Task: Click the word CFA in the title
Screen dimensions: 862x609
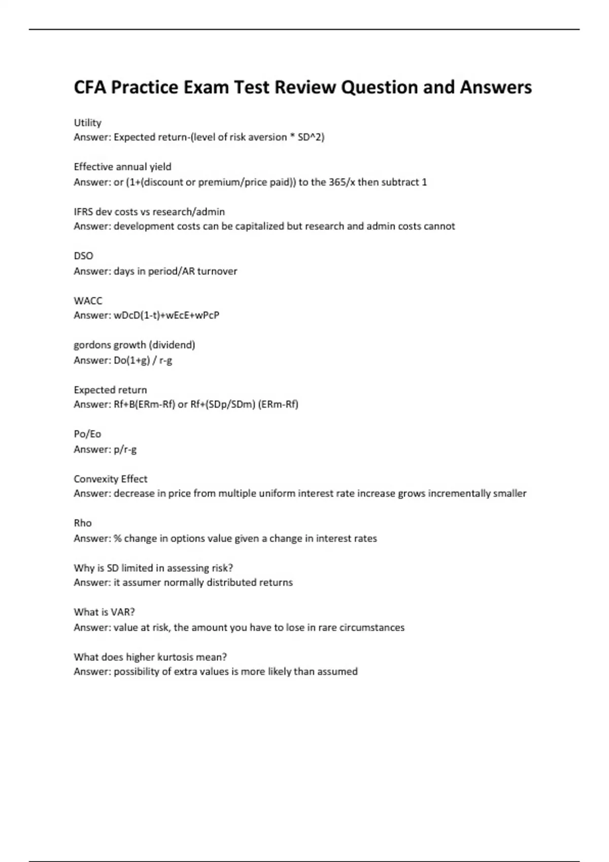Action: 90,87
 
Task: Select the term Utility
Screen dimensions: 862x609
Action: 87,123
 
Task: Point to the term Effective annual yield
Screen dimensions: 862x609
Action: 122,167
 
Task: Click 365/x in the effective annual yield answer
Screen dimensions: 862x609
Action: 342,182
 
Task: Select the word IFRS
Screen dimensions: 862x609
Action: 83,211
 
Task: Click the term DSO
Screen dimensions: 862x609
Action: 83,256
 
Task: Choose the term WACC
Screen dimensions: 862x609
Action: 88,301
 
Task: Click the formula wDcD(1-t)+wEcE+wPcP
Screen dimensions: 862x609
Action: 166,315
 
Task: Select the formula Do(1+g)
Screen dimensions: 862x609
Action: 131,361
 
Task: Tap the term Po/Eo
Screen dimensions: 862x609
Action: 87,434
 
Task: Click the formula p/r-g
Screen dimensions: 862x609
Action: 125,449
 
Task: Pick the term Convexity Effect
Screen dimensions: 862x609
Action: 110,479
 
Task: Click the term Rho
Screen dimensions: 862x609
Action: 83,523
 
